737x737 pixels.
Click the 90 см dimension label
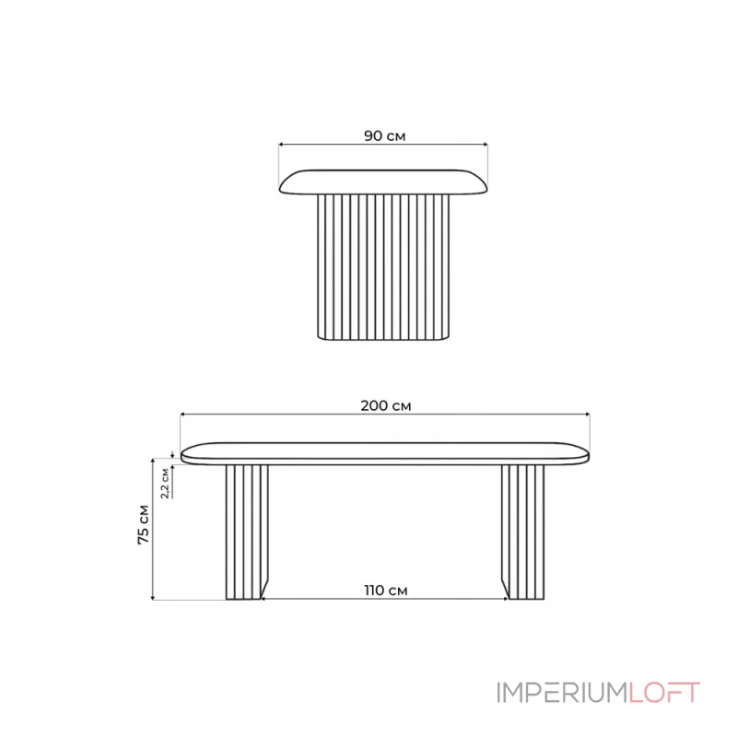384,135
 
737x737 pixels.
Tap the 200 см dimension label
385,405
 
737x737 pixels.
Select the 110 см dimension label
385,590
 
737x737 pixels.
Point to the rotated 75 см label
144,524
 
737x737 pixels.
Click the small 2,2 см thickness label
165,483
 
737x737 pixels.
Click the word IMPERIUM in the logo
563,693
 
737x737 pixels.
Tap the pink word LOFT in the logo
664,693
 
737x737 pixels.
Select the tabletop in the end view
383,181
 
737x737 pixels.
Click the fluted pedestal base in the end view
383,267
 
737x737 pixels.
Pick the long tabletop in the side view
385,453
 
